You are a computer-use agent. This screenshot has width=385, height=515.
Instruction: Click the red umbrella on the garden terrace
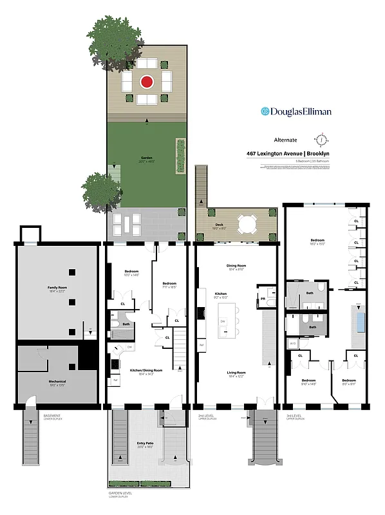pos(147,82)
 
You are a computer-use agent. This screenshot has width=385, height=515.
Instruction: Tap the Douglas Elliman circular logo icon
pos(264,111)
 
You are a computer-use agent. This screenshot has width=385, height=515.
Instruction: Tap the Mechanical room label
pos(56,381)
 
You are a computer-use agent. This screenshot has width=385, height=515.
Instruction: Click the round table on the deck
pos(247,225)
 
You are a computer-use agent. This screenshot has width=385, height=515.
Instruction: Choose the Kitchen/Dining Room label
pos(146,371)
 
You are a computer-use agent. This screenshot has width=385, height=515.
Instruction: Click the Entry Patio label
pos(146,443)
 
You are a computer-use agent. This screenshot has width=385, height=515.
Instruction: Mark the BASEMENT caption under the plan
pos(52,415)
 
